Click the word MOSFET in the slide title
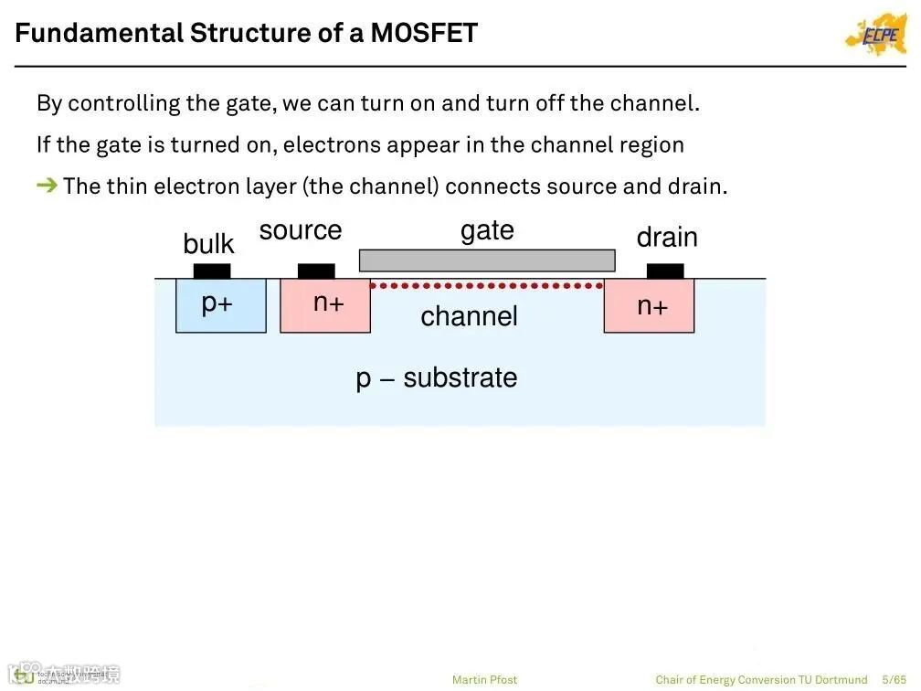(x=424, y=34)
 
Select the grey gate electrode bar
(x=487, y=260)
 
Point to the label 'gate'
(x=487, y=230)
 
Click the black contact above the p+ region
(x=212, y=271)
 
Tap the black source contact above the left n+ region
(x=316, y=271)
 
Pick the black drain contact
(x=665, y=271)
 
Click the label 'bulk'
(x=208, y=244)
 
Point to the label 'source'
(x=301, y=230)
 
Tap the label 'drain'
(x=667, y=238)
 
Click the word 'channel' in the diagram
(x=469, y=316)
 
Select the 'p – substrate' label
(x=437, y=377)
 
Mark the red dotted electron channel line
(x=487, y=285)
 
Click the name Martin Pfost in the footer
(x=484, y=679)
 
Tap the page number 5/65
(x=895, y=679)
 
